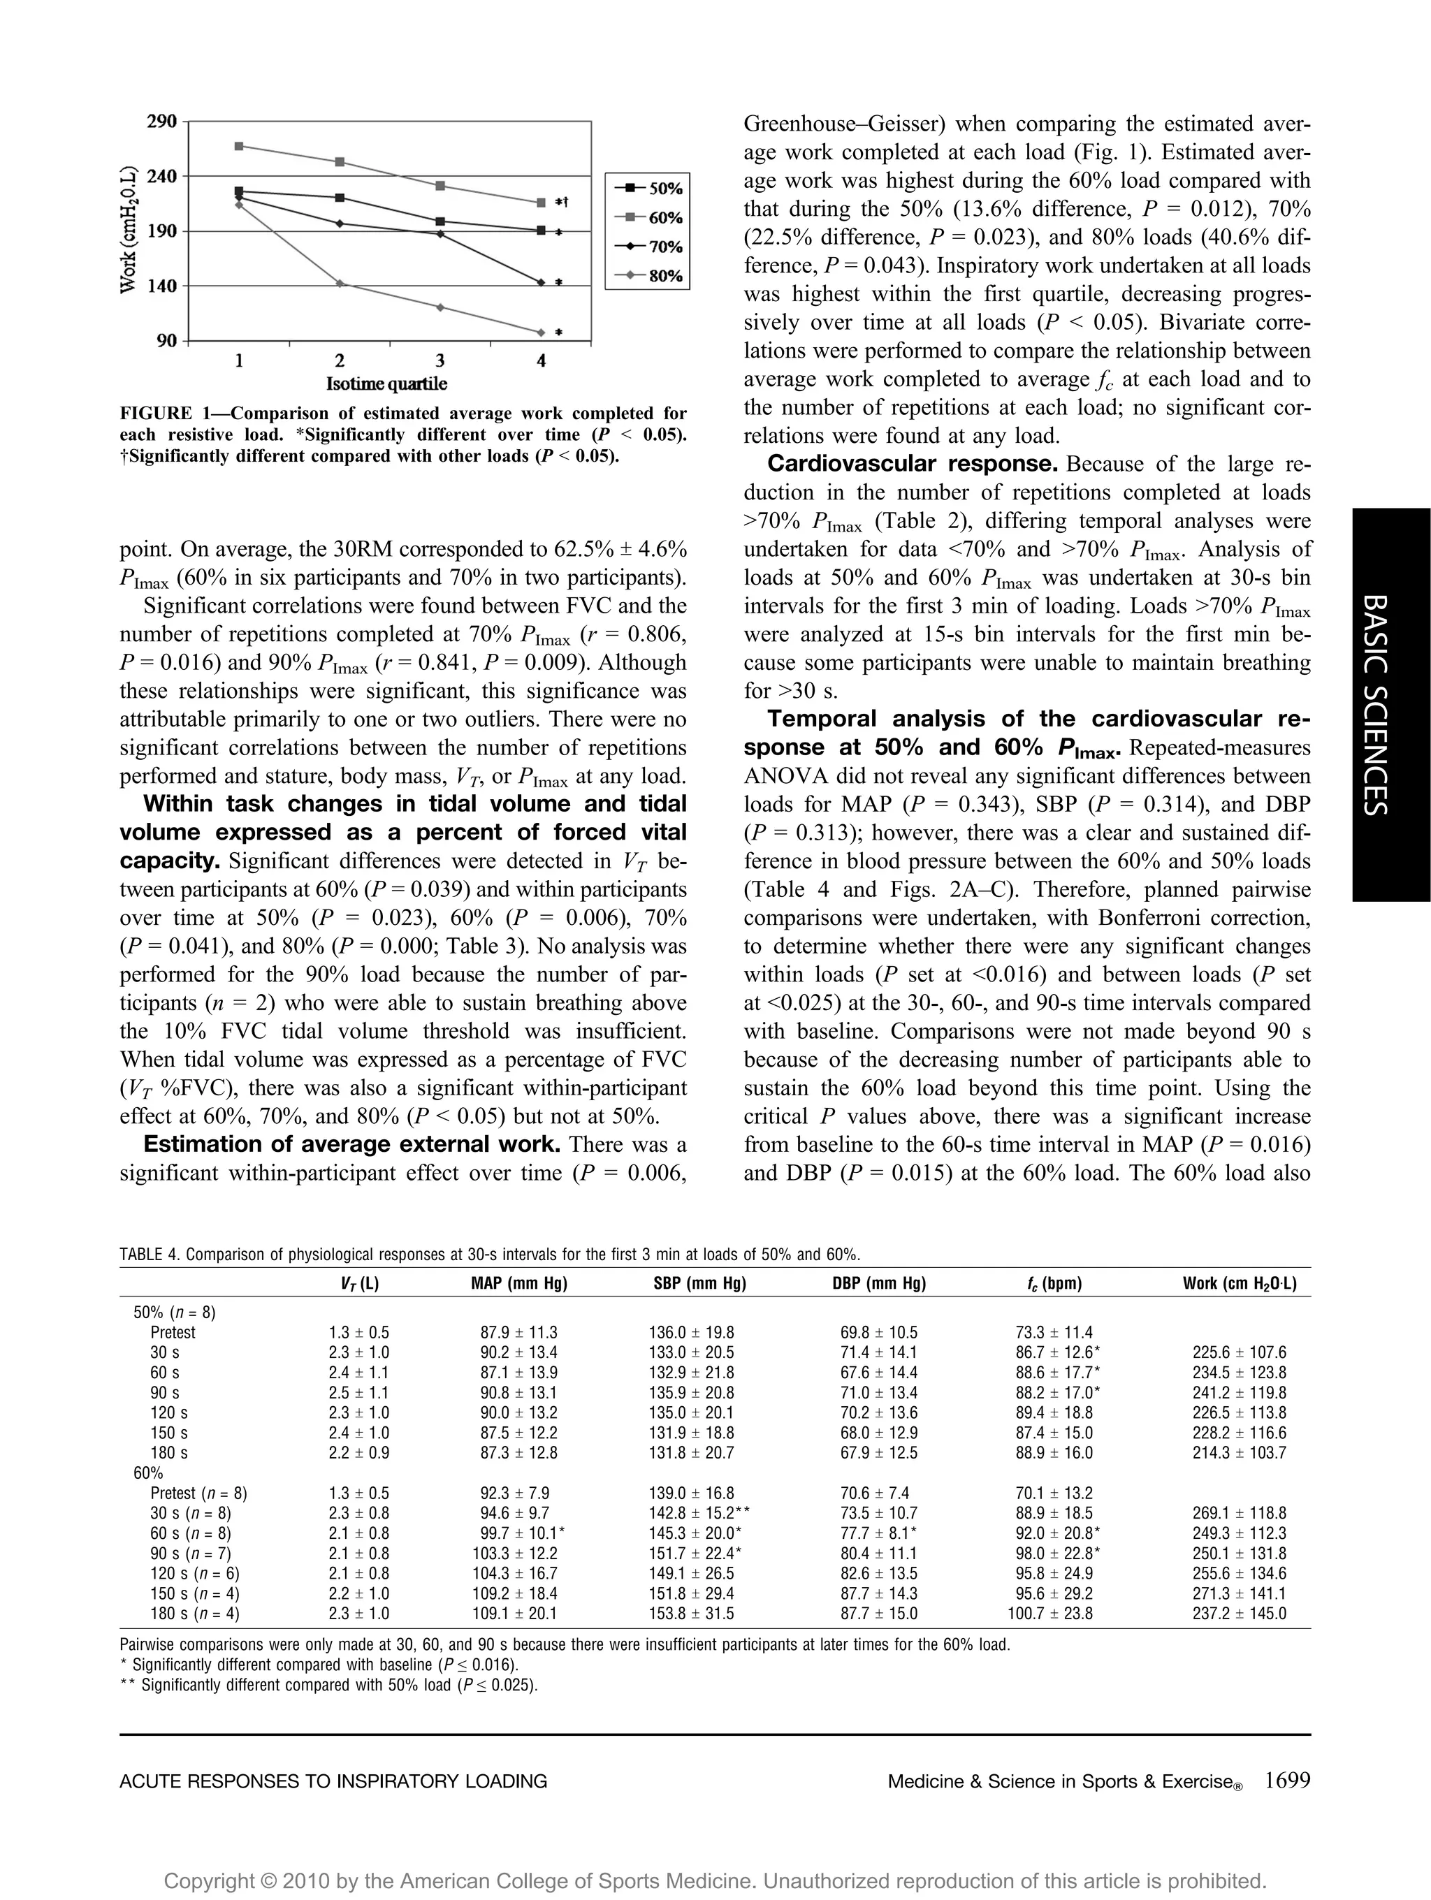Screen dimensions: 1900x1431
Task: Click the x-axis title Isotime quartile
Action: [386, 383]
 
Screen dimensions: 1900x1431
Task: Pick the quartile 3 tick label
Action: [440, 360]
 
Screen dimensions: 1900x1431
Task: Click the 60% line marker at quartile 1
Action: [239, 146]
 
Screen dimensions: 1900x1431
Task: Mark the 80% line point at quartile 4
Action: [541, 332]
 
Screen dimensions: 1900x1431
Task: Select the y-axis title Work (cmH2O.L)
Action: [128, 231]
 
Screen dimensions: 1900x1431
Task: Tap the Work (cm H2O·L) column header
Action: [1240, 1283]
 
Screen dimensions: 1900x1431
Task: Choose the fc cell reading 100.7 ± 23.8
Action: [1049, 1613]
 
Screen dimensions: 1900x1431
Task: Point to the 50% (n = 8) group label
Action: [175, 1313]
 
